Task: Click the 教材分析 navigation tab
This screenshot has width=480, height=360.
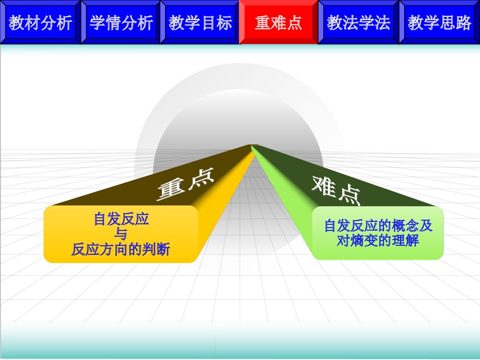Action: click(x=40, y=23)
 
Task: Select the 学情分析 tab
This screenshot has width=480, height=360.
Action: click(x=121, y=23)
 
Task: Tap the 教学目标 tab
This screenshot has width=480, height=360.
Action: click(x=200, y=23)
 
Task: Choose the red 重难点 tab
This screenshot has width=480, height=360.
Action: click(x=278, y=23)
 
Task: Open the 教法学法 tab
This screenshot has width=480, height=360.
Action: click(x=359, y=23)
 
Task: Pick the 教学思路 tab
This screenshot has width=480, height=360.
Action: click(x=440, y=23)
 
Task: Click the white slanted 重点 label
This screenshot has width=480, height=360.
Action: click(x=185, y=185)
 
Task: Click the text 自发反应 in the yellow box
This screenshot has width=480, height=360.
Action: click(x=121, y=220)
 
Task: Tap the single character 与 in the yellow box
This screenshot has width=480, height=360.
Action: click(x=121, y=235)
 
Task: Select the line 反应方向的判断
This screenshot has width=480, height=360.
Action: click(x=121, y=250)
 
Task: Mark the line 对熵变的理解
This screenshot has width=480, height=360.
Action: click(x=378, y=240)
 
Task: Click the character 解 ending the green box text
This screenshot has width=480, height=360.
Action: click(x=412, y=240)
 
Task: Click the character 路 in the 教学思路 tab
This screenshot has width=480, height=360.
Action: click(x=464, y=23)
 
